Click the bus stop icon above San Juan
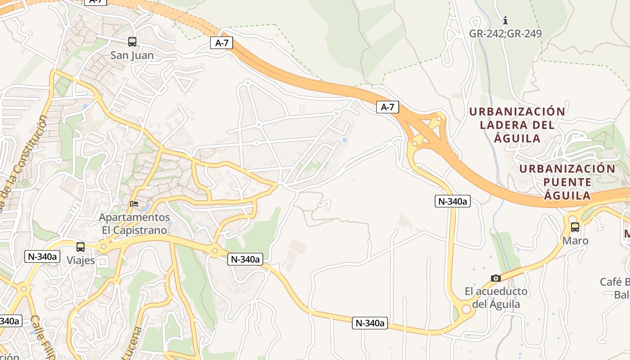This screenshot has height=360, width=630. [132, 42]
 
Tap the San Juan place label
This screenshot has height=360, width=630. [132, 55]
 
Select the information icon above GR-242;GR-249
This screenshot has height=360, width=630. [505, 20]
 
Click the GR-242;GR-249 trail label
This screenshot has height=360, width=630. [505, 34]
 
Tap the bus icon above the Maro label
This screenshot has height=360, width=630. [575, 227]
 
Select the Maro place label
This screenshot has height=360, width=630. [575, 241]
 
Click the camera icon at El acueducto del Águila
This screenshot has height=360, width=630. [496, 278]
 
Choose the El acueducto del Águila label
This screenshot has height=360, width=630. [496, 298]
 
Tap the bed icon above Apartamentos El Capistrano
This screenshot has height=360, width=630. [134, 204]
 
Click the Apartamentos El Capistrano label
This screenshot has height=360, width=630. [135, 224]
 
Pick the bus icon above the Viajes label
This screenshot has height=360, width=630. [81, 247]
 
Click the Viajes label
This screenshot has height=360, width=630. [81, 261]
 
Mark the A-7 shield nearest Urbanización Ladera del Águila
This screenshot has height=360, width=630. [387, 107]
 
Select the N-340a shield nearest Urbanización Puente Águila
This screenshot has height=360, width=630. [453, 201]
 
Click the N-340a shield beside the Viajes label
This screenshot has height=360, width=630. [43, 256]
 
